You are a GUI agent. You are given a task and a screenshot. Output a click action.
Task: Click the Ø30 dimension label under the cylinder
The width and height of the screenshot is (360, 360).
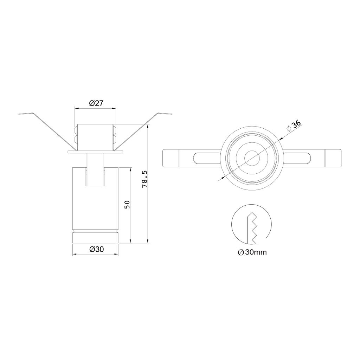coord(97,249)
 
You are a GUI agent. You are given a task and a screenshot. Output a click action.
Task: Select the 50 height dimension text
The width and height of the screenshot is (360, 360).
coord(127,205)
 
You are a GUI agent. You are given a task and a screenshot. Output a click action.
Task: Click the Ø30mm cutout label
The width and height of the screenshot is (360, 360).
coord(252,252)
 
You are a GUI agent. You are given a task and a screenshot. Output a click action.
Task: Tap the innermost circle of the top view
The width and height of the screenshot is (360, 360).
coord(252,158)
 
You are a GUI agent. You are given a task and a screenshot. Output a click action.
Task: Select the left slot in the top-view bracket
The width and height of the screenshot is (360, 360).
coord(207,158)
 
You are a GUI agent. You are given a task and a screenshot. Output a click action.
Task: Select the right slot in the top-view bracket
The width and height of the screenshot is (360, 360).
coord(296,158)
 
